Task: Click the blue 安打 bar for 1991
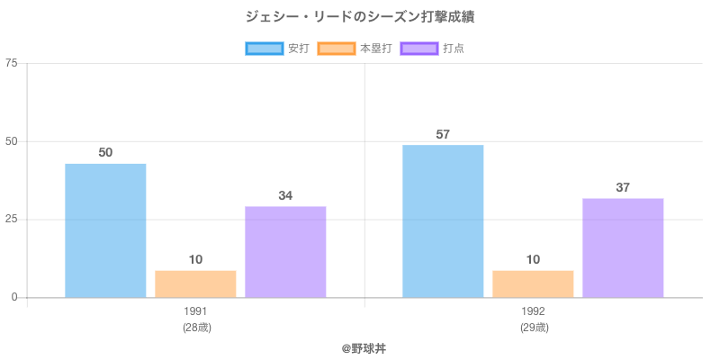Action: (105, 230)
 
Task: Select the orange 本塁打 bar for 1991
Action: (195, 283)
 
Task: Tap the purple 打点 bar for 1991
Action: (285, 252)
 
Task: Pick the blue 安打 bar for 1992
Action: (443, 221)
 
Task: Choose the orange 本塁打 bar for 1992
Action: (533, 283)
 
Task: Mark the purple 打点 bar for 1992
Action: (623, 247)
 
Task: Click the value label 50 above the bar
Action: (105, 153)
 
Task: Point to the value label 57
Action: (443, 135)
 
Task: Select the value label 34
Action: (285, 196)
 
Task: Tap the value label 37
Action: (623, 188)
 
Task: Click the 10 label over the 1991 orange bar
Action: (195, 260)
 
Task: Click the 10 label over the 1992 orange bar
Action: (533, 260)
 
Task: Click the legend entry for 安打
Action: (277, 49)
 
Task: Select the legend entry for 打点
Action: (432, 49)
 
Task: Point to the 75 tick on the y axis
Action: (12, 63)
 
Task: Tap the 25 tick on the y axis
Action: (12, 220)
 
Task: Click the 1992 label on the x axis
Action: (533, 311)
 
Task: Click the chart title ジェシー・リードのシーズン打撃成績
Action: (360, 17)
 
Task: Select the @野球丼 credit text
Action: (360, 346)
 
